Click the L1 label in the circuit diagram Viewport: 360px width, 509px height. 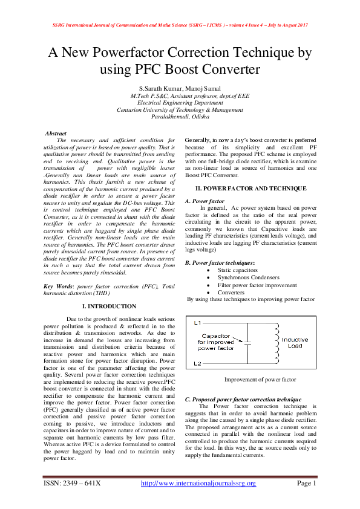197,323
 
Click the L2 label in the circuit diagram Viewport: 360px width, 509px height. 197,363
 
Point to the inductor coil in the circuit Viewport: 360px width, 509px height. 277,343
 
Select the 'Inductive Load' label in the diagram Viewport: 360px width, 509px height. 295,343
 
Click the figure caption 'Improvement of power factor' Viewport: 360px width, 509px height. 260,380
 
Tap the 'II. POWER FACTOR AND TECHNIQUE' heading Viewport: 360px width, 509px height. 246,189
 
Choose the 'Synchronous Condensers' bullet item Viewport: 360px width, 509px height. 250,277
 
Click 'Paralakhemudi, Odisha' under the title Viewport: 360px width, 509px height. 180,117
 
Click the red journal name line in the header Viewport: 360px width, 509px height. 180,24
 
